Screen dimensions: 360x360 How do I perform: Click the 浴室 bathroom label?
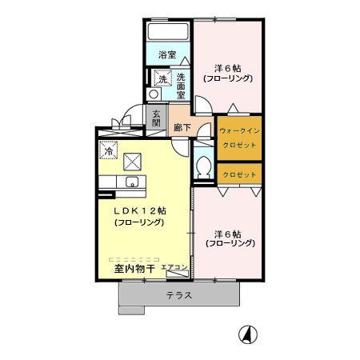pos(166,55)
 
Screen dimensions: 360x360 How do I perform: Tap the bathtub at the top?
pos(167,33)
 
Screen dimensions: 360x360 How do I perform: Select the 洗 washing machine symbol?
pos(162,79)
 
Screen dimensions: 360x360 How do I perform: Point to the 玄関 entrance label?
pos(156,118)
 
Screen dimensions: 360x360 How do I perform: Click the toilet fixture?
pos(203,168)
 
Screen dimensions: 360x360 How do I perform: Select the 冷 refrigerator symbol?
pos(107,150)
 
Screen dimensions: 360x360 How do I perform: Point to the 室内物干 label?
pos(134,269)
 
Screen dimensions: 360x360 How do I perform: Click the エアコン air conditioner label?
pos(174,267)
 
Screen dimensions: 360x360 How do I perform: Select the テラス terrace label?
pos(179,295)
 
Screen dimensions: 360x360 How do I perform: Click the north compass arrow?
pos(248,335)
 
